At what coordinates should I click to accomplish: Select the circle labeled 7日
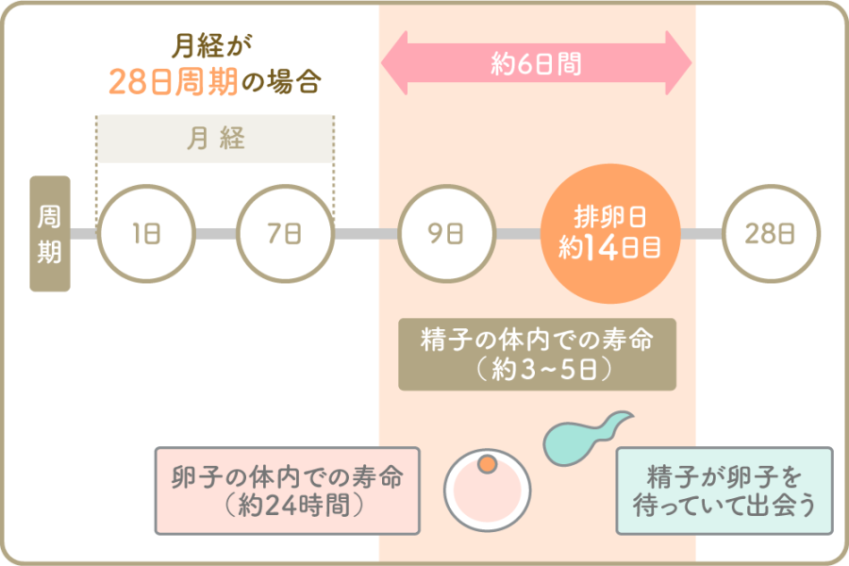(284, 233)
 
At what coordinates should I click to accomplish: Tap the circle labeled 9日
(445, 233)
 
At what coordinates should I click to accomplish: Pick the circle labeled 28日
(769, 233)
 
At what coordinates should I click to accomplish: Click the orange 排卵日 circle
(609, 233)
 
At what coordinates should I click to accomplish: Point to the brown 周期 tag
(50, 233)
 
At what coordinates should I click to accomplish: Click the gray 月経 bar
(215, 140)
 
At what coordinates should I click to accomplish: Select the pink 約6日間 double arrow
(536, 63)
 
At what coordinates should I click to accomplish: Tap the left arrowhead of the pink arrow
(394, 63)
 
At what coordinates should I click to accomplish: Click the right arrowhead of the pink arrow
(678, 63)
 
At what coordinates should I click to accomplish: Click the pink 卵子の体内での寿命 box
(287, 491)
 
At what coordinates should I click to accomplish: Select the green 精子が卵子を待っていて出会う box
(724, 490)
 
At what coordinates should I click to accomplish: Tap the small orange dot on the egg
(487, 464)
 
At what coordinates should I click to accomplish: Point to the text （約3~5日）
(537, 369)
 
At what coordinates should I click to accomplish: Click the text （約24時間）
(287, 506)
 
